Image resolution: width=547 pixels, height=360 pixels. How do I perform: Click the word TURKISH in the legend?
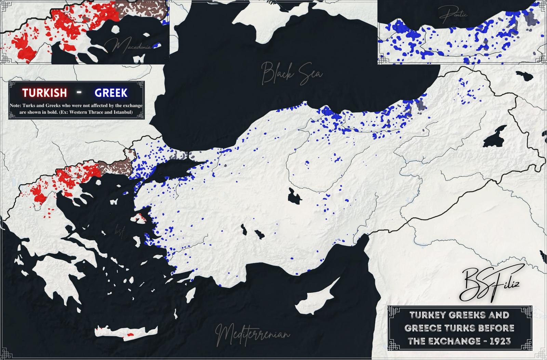pos(44,93)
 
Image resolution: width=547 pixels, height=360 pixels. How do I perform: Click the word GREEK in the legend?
pos(111,93)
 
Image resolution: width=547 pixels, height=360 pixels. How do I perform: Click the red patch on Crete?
pos(130,335)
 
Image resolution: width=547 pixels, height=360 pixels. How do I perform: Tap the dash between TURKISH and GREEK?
pos(79,92)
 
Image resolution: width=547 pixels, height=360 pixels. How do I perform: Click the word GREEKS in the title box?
pos(471,315)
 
